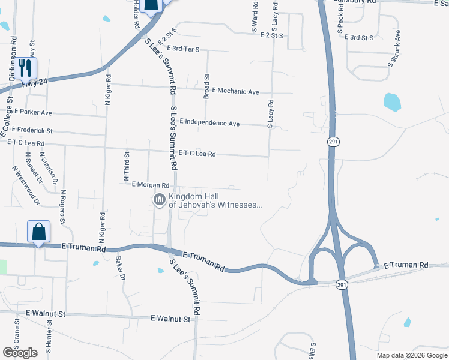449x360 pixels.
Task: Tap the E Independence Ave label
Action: click(x=209, y=123)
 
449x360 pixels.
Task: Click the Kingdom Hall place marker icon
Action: click(x=160, y=200)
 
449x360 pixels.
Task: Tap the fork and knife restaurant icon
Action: click(x=25, y=67)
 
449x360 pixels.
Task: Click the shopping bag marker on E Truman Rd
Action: click(x=38, y=232)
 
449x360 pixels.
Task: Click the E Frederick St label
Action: click(x=29, y=130)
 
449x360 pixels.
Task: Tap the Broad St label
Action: click(x=206, y=86)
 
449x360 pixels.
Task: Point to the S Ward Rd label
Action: click(x=255, y=20)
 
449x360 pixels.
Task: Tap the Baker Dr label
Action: click(x=120, y=268)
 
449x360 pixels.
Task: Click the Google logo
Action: click(x=20, y=353)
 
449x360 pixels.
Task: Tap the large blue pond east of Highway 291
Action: click(x=392, y=102)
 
